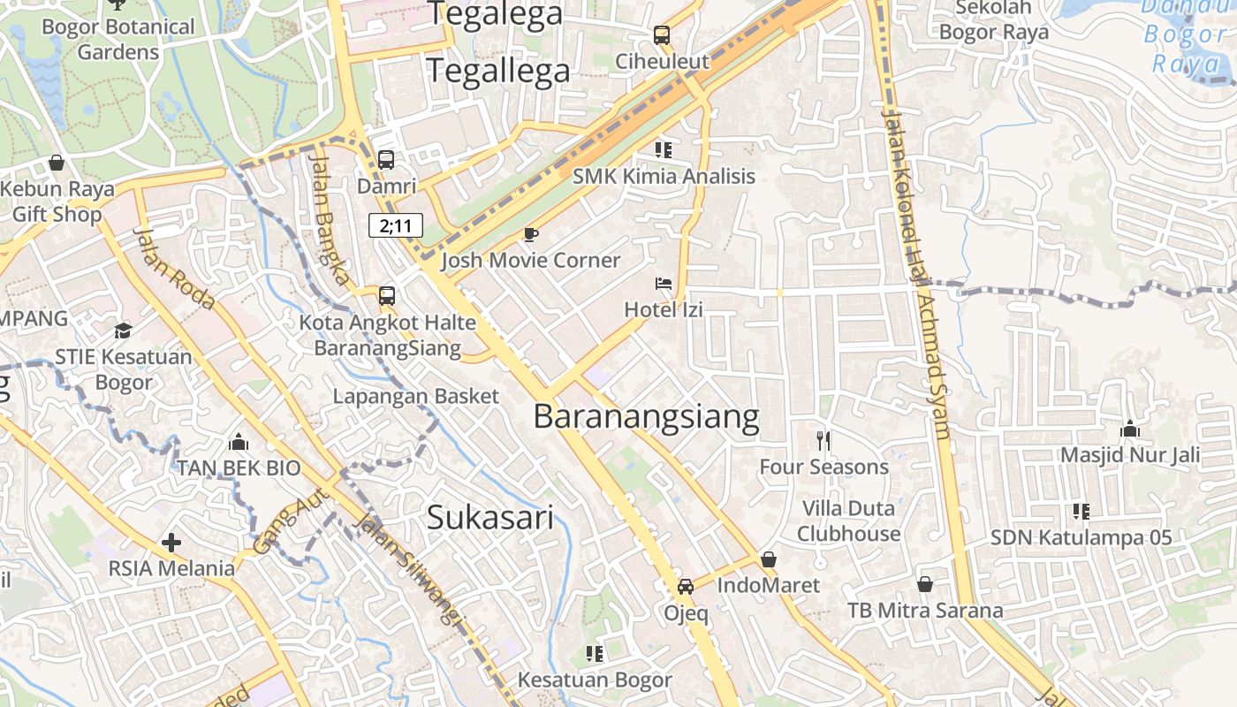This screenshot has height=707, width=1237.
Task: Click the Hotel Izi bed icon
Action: click(x=664, y=284)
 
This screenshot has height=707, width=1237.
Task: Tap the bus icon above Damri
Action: click(x=386, y=160)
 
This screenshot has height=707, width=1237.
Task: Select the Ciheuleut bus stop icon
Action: click(x=661, y=35)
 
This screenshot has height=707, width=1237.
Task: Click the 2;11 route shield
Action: click(x=396, y=225)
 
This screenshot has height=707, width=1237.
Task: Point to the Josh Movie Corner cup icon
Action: click(x=530, y=234)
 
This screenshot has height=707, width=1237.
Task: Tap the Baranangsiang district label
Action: click(x=646, y=416)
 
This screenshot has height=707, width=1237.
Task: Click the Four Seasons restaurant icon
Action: click(x=823, y=440)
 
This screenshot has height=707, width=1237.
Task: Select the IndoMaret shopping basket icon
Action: click(x=769, y=559)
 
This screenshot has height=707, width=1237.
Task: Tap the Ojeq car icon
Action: click(x=686, y=586)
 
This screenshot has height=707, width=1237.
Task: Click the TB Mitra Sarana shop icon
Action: click(x=925, y=584)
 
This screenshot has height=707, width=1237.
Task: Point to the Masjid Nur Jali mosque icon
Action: click(x=1129, y=430)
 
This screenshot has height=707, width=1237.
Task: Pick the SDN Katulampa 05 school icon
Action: click(x=1081, y=511)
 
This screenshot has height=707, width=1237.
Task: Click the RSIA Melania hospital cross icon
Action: click(x=171, y=542)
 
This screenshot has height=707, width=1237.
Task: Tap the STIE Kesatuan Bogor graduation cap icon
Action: click(x=123, y=331)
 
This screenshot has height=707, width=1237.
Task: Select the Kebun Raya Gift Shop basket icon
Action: click(x=57, y=163)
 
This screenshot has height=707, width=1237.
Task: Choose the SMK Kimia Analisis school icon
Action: click(x=664, y=149)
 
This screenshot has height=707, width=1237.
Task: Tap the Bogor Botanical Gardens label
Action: click(x=118, y=39)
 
